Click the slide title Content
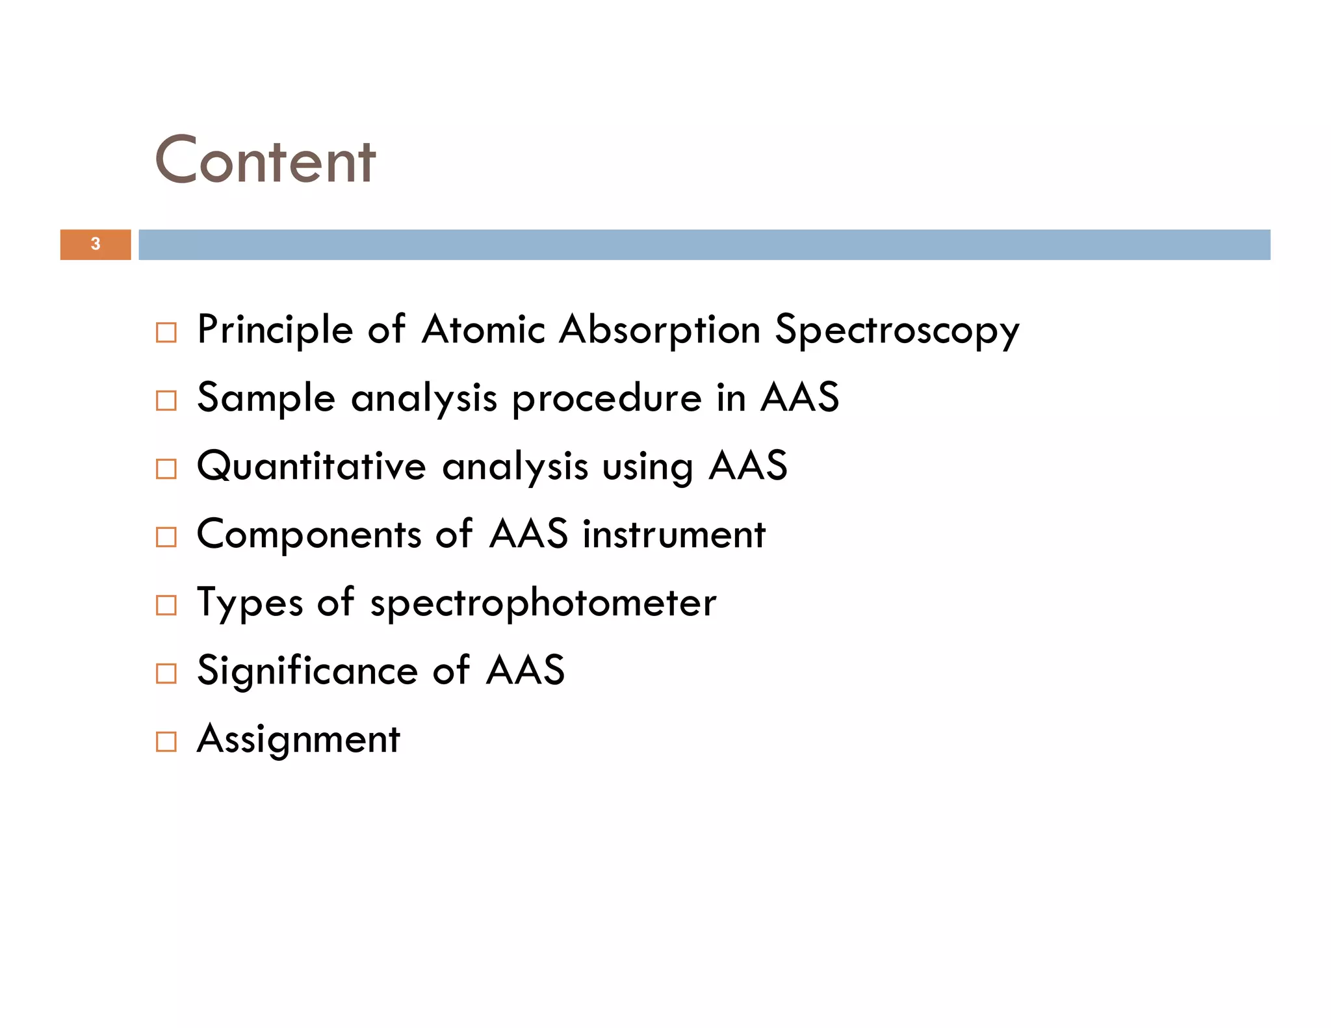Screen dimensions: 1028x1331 click(265, 161)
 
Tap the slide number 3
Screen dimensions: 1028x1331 click(96, 244)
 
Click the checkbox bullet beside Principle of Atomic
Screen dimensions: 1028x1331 click(166, 333)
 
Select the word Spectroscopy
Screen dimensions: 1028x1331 click(897, 330)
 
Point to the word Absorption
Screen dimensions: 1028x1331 click(660, 330)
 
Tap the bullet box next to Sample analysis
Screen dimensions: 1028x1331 click(166, 401)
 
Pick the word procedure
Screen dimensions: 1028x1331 click(607, 398)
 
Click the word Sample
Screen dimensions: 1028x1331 click(266, 398)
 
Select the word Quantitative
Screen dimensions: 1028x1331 click(311, 467)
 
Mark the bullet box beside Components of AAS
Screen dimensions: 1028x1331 click(166, 537)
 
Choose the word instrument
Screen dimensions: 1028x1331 click(674, 535)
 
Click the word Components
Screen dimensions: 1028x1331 click(309, 535)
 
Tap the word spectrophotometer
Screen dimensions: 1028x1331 click(543, 604)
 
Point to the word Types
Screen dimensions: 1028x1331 click(250, 604)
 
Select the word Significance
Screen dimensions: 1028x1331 click(307, 671)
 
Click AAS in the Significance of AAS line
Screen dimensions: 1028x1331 click(526, 671)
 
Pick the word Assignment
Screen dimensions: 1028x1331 click(298, 739)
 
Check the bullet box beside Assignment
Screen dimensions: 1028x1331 click(166, 742)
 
